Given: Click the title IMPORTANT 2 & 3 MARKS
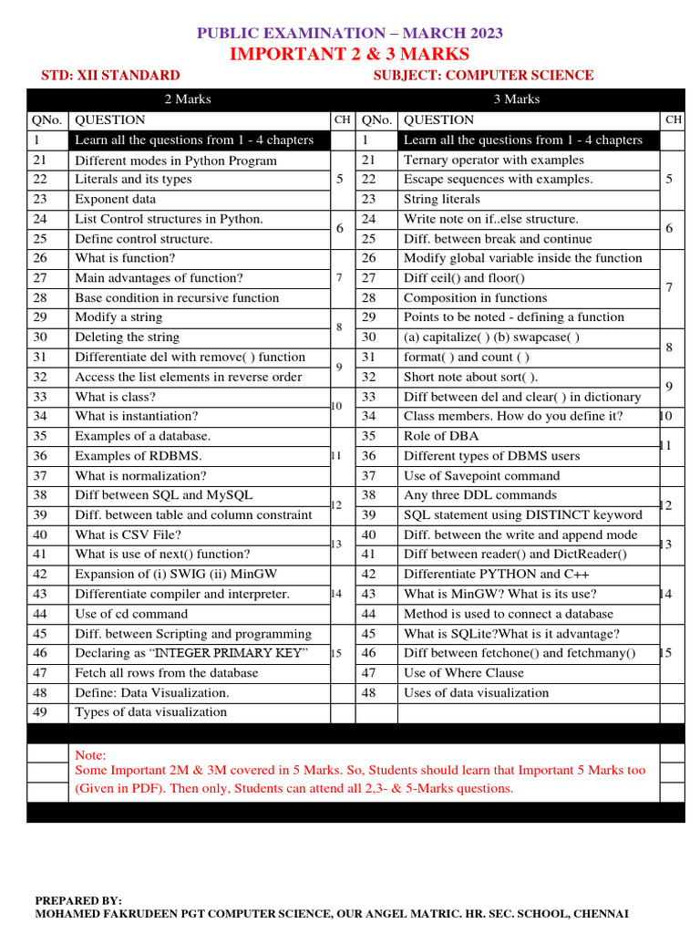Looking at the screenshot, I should tap(350, 54).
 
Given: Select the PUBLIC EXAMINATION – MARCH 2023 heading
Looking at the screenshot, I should tap(350, 34).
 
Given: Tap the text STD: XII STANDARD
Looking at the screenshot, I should tap(111, 76).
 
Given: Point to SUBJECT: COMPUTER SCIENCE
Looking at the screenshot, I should tap(483, 76).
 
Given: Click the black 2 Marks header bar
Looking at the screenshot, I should tap(187, 99).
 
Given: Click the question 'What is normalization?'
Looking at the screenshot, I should tap(140, 476).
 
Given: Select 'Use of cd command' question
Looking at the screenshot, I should tap(131, 614).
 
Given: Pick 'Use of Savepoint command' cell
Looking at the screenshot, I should tap(481, 476).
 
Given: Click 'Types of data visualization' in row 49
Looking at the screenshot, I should tap(150, 712).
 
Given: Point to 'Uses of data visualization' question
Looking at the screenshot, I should tap(476, 692).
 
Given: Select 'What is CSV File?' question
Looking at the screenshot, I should tap(128, 535).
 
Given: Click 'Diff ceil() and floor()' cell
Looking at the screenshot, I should tap(464, 278).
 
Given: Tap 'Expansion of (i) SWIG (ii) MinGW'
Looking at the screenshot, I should tap(176, 575).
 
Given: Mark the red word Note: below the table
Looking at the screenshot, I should tap(90, 755).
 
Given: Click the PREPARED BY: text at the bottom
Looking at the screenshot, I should tap(78, 900).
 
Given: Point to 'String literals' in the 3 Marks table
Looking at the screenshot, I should tap(441, 199).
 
